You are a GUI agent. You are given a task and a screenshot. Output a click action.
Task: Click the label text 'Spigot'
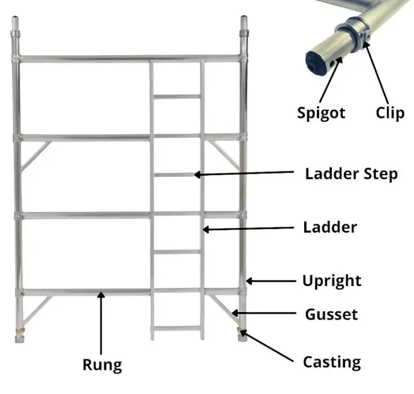coord(321,113)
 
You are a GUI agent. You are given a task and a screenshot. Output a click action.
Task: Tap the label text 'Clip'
coord(390,112)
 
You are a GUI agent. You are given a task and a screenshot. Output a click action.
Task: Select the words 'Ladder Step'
coord(351,174)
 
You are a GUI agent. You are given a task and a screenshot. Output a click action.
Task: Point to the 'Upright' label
coord(332,281)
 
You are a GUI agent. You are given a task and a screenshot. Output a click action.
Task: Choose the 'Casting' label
coord(332,362)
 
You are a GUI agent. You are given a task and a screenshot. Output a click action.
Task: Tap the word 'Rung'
coord(102,364)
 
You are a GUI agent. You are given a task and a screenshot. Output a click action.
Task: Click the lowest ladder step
coord(177,328)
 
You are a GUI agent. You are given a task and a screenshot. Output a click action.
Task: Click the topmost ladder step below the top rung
coord(177,96)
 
